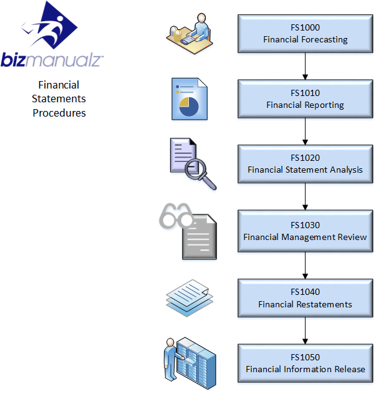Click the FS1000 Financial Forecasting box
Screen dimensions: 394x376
coord(305,34)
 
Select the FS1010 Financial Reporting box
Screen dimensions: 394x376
coord(305,99)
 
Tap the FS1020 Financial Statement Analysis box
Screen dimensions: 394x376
coord(305,164)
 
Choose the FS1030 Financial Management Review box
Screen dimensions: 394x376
coord(305,231)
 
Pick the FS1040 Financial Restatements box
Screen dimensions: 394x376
coord(305,298)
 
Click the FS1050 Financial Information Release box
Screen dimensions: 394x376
coord(305,363)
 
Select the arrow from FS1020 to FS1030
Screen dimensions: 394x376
coord(305,196)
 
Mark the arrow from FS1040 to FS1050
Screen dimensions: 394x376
coord(305,330)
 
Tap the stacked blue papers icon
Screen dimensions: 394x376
coord(190,295)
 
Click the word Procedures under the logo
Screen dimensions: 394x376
coord(59,113)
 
